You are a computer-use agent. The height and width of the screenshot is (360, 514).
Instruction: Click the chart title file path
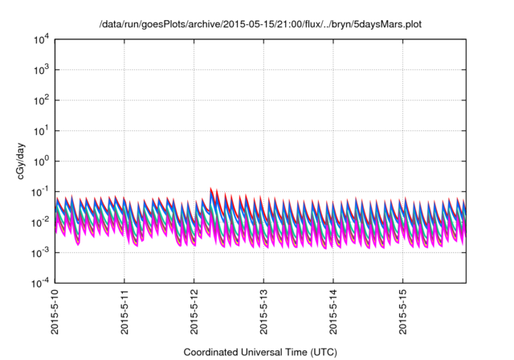tap(257, 25)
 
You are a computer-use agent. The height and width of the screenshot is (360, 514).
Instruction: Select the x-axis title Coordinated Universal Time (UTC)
tap(260, 352)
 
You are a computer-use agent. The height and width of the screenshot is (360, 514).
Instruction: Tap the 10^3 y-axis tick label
tap(40, 70)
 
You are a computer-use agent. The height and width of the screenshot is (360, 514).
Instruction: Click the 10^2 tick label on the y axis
tap(40, 100)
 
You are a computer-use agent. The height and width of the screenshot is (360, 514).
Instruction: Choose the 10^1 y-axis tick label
tap(40, 130)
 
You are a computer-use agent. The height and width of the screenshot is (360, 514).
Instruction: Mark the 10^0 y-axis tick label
tap(40, 161)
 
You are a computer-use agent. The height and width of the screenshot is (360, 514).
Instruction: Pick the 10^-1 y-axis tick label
tap(40, 191)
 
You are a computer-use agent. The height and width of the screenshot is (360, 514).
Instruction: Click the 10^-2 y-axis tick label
tap(40, 222)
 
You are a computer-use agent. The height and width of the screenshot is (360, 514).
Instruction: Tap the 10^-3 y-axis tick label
tap(40, 252)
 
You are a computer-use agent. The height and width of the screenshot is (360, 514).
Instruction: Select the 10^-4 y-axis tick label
tap(40, 283)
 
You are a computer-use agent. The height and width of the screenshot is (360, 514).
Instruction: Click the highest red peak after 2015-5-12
tap(211, 189)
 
